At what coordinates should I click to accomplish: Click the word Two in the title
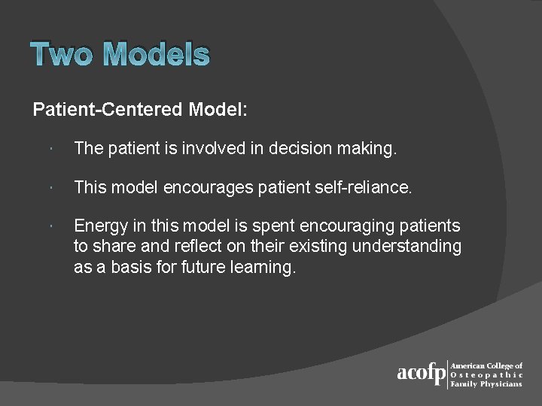click(63, 55)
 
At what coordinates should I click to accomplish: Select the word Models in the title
click(157, 55)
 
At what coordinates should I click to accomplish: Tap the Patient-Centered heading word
click(108, 110)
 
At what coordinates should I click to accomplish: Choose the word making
click(367, 150)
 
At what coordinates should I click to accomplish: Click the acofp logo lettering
click(421, 374)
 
